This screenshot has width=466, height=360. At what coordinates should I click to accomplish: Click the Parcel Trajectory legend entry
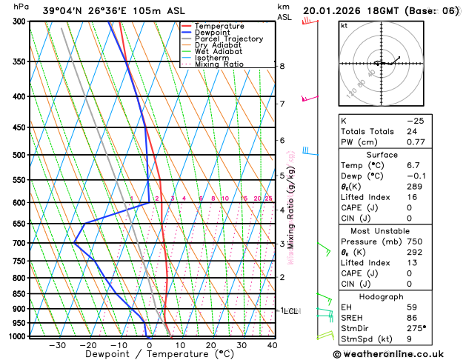pos(228,39)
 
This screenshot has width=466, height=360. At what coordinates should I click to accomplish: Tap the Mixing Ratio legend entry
pos(219,64)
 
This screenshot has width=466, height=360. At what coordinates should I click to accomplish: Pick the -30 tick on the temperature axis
pos(58,345)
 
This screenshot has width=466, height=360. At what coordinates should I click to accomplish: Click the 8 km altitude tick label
pos(282,66)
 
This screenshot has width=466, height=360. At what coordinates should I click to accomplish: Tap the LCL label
pos(290,311)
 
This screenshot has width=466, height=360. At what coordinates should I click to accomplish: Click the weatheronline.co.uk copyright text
pos(397,353)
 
